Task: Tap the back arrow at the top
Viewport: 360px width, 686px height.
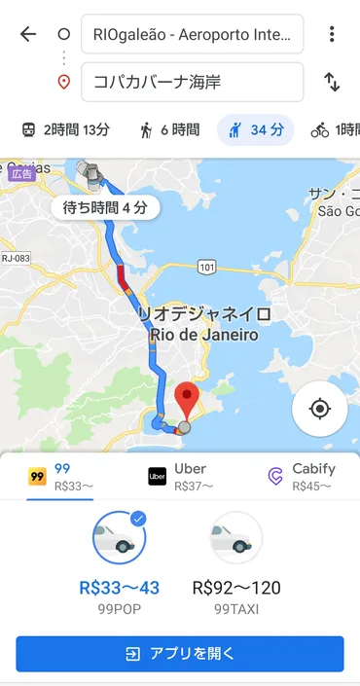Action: click(28, 34)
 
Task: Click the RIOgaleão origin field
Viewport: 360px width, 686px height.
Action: click(192, 35)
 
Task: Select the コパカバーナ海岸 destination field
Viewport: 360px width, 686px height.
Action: click(192, 82)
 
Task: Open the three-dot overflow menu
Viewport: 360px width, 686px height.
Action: click(332, 34)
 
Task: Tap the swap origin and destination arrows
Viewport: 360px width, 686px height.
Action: click(332, 82)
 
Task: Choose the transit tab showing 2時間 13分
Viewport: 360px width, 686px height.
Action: click(65, 129)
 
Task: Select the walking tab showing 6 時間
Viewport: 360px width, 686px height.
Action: click(169, 129)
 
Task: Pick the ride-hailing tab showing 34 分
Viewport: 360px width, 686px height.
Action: click(255, 129)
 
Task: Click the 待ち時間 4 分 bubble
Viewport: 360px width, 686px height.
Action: click(104, 207)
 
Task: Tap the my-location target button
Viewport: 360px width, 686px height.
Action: click(320, 407)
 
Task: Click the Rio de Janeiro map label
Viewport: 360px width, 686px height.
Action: click(204, 336)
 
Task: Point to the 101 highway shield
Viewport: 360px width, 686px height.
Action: click(204, 265)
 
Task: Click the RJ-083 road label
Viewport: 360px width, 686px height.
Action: click(16, 258)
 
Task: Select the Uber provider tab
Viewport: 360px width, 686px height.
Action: click(179, 477)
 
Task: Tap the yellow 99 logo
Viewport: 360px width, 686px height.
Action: click(38, 477)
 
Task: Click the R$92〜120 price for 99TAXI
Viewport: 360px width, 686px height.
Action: click(235, 587)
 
